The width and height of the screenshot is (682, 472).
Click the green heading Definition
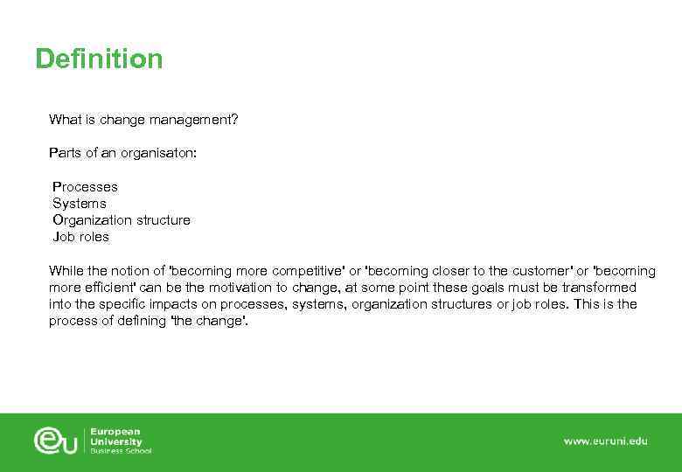point(99,59)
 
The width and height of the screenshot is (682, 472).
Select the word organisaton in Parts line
point(161,153)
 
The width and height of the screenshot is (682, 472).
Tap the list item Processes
point(85,187)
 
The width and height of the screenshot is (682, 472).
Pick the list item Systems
point(80,204)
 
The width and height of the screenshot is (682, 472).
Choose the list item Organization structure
point(122,220)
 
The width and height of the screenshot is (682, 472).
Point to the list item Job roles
point(81,237)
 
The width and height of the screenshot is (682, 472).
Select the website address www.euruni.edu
point(605,441)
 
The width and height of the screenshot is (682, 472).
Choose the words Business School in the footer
point(121,451)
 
